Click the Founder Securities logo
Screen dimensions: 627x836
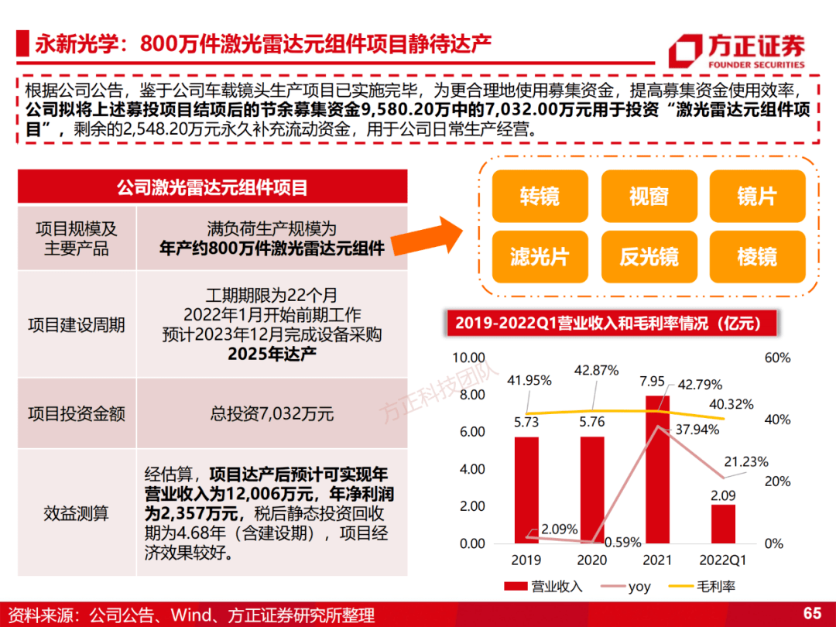736,51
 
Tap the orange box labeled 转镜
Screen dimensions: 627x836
540,197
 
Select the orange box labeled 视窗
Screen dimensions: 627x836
648,197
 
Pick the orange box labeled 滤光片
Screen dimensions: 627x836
540,256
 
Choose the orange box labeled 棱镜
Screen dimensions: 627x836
756,256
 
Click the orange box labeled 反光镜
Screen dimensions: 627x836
648,256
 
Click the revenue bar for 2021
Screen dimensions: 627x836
658,469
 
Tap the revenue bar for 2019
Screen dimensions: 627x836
526,490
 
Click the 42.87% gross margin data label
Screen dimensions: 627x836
596,371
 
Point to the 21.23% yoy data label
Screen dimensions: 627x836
746,462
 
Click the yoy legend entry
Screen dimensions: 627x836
628,587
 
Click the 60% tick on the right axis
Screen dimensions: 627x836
777,358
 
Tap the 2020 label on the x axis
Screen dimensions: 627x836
592,559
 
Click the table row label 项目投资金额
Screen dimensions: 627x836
77,414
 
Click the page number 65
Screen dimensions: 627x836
812,613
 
